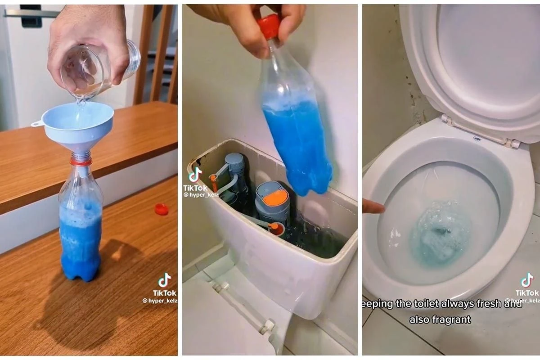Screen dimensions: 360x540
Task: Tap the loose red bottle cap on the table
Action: coord(161,209)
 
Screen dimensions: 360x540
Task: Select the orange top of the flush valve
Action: coord(275,198)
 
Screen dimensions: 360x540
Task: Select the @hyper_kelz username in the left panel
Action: coord(159,301)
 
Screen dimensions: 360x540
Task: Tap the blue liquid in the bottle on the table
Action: coord(80,243)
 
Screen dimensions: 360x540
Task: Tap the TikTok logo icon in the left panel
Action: coord(164,280)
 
